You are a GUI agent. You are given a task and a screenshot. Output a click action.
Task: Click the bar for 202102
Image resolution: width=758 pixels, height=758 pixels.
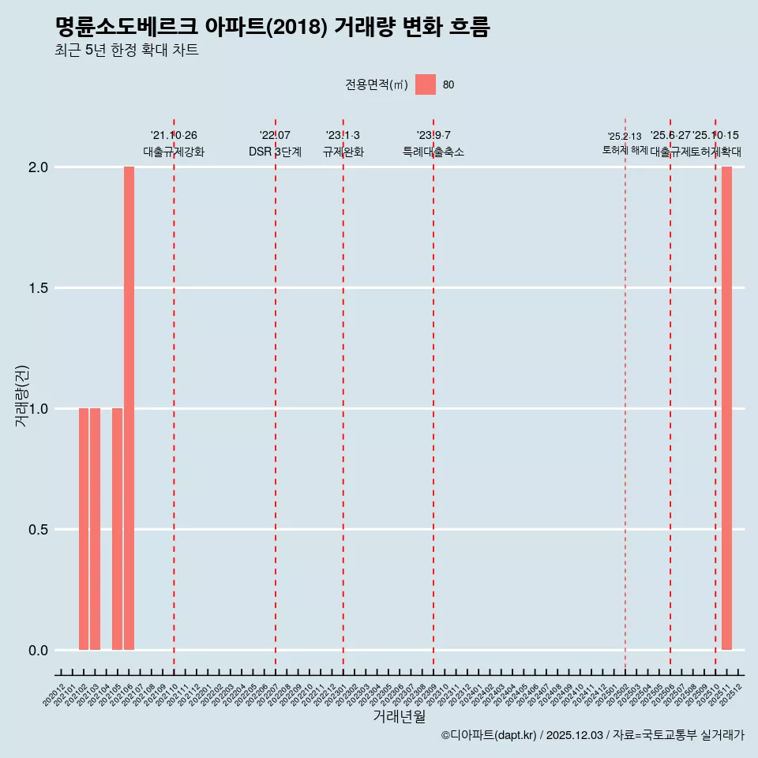pyautogui.click(x=84, y=529)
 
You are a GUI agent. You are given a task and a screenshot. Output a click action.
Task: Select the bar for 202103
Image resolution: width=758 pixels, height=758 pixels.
pyautogui.click(x=95, y=529)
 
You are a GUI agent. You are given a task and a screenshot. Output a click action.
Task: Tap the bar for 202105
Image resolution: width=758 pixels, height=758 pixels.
pyautogui.click(x=117, y=529)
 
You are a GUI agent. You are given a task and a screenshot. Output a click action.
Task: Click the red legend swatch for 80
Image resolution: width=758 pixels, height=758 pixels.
pyautogui.click(x=426, y=84)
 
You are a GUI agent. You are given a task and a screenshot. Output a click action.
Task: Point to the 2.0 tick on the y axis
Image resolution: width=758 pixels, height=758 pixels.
pyautogui.click(x=39, y=167)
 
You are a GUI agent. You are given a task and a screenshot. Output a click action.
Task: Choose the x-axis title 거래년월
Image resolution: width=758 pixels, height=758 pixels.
pyautogui.click(x=399, y=717)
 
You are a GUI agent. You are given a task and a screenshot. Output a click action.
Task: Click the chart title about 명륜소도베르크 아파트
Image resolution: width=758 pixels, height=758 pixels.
pyautogui.click(x=272, y=28)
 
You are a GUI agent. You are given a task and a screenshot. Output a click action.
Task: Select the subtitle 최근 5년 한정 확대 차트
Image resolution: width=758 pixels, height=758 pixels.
pyautogui.click(x=126, y=51)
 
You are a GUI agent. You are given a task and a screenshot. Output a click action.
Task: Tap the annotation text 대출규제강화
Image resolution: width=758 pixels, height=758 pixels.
pyautogui.click(x=174, y=152)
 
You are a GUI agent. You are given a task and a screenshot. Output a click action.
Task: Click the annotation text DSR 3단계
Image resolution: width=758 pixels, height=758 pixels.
pyautogui.click(x=275, y=152)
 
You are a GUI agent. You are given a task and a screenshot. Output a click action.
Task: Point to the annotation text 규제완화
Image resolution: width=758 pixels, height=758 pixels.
pyautogui.click(x=343, y=152)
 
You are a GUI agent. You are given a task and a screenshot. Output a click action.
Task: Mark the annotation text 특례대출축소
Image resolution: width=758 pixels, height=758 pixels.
pyautogui.click(x=433, y=152)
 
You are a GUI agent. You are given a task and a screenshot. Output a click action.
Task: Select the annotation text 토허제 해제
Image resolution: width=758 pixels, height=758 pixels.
pyautogui.click(x=625, y=150)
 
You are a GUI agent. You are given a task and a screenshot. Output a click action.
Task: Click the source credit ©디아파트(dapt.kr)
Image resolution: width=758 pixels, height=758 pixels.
pyautogui.click(x=489, y=735)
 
